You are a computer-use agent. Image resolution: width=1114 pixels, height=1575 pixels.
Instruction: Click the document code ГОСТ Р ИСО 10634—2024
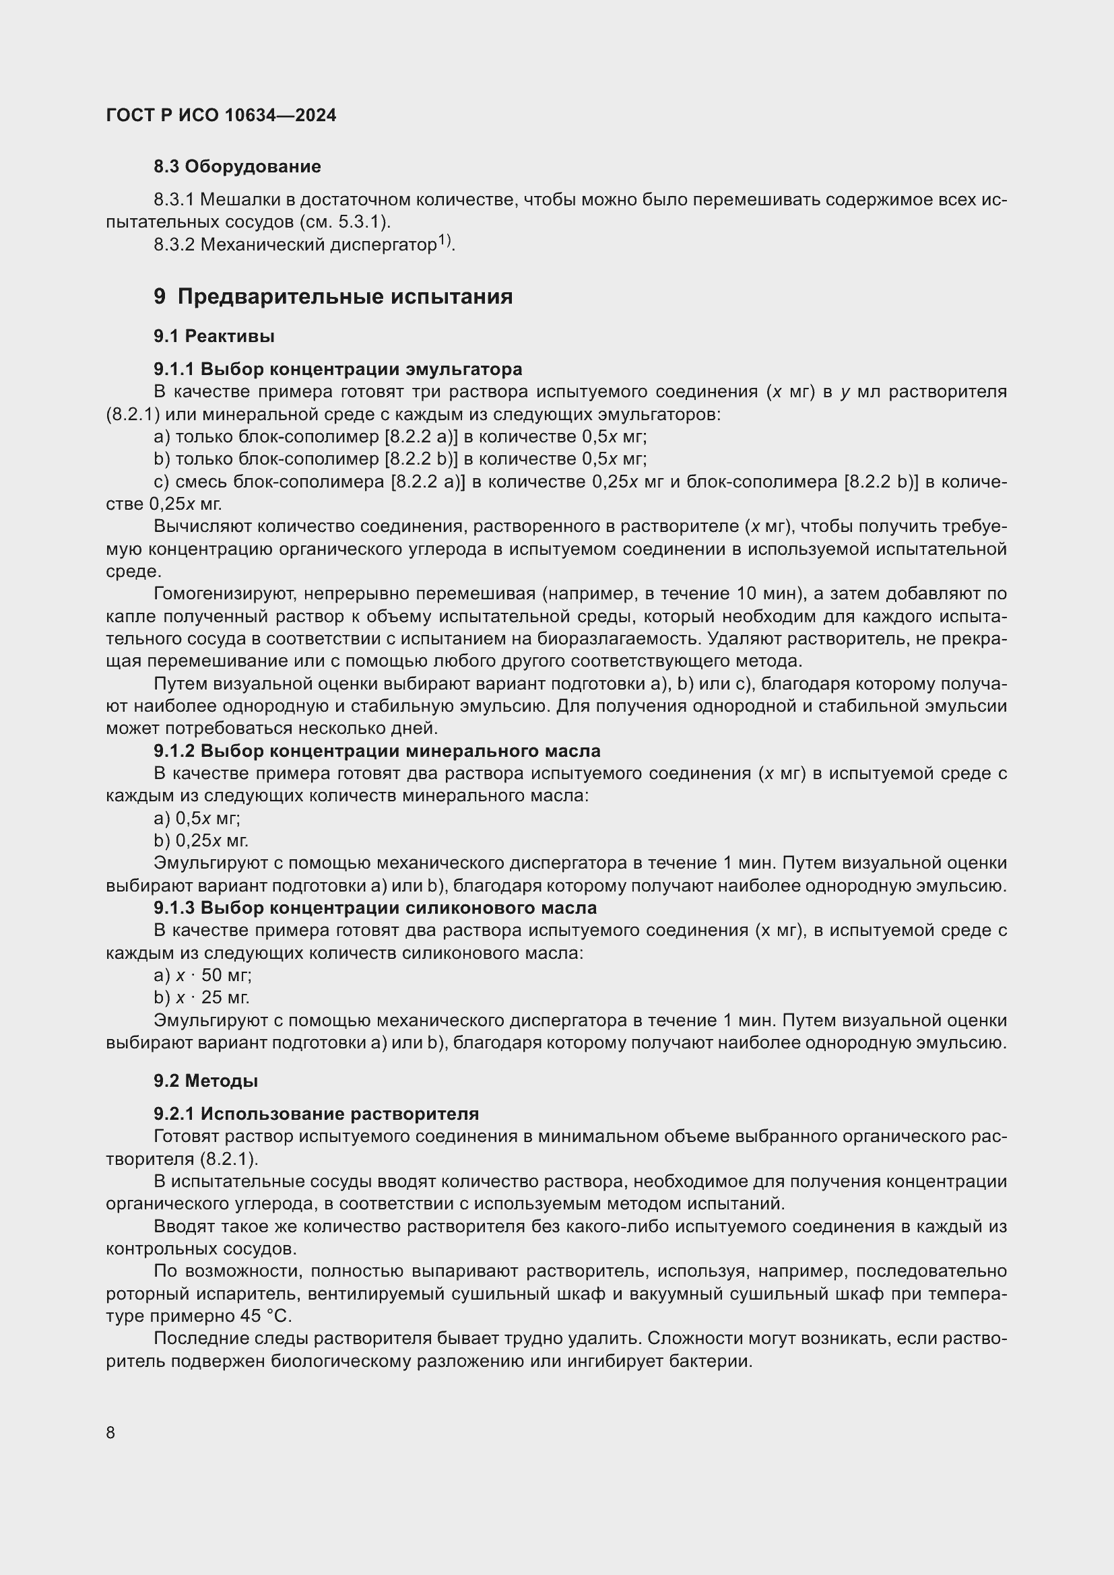[221, 115]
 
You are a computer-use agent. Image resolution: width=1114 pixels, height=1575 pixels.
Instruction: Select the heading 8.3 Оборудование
[236, 167]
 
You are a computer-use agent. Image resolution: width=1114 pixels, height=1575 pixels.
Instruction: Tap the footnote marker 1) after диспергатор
[444, 240]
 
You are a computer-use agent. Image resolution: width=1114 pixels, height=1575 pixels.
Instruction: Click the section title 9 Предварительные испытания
[333, 296]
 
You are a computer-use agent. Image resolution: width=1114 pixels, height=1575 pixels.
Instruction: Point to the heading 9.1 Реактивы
[214, 336]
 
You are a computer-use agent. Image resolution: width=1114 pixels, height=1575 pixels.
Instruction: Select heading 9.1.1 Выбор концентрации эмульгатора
[337, 369]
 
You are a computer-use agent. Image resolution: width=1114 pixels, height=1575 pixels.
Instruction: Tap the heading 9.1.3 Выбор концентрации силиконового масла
[374, 908]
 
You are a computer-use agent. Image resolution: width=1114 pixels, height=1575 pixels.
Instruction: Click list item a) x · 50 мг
[202, 975]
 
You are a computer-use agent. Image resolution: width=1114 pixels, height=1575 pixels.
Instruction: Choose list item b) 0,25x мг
[201, 840]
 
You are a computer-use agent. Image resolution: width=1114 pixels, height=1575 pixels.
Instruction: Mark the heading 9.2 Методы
[206, 1080]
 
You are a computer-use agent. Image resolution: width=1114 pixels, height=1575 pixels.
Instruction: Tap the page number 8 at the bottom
[110, 1432]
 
